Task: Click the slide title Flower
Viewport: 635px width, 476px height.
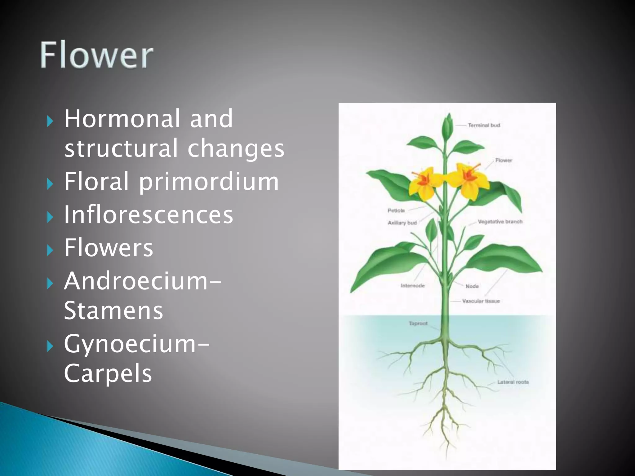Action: tap(96, 55)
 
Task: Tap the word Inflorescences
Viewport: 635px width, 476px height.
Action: tap(149, 215)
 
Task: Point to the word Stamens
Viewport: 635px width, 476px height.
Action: tap(113, 311)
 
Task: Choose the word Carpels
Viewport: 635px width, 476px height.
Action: tap(108, 373)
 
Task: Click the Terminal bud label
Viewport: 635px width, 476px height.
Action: tap(484, 125)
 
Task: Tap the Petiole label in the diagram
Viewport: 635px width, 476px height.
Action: tap(396, 210)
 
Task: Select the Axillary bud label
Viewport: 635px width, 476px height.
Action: tap(402, 223)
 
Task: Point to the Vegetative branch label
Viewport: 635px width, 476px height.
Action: tap(500, 222)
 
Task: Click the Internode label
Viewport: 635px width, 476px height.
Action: tap(413, 285)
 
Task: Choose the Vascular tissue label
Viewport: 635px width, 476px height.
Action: tap(481, 301)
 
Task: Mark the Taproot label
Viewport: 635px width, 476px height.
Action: tap(418, 323)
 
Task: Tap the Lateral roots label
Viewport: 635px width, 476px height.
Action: tap(513, 382)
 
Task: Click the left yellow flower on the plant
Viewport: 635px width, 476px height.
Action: tap(423, 183)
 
